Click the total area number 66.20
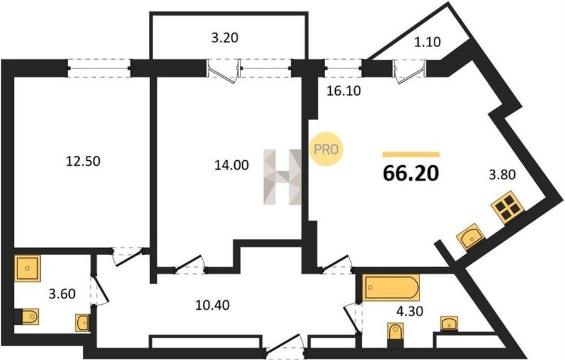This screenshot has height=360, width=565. (411, 173)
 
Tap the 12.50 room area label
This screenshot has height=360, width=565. (83, 161)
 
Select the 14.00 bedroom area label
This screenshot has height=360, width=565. (232, 165)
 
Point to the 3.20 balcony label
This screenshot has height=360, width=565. (225, 38)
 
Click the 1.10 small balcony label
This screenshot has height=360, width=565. (427, 42)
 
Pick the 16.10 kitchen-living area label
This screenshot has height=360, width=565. (343, 91)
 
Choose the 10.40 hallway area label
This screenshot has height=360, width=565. (212, 305)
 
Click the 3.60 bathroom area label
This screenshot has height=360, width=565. (62, 294)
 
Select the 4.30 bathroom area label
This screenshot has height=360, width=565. (409, 311)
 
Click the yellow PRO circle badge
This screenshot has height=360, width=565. (326, 150)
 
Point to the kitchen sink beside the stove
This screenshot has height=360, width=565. (470, 237)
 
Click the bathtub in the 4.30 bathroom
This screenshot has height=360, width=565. (391, 288)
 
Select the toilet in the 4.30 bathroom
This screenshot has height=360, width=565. (395, 334)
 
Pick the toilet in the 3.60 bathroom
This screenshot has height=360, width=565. (27, 317)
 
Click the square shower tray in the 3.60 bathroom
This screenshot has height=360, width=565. (28, 268)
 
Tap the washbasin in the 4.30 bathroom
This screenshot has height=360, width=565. (449, 323)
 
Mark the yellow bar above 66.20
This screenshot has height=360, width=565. (411, 155)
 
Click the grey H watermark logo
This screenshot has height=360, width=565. (282, 177)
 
